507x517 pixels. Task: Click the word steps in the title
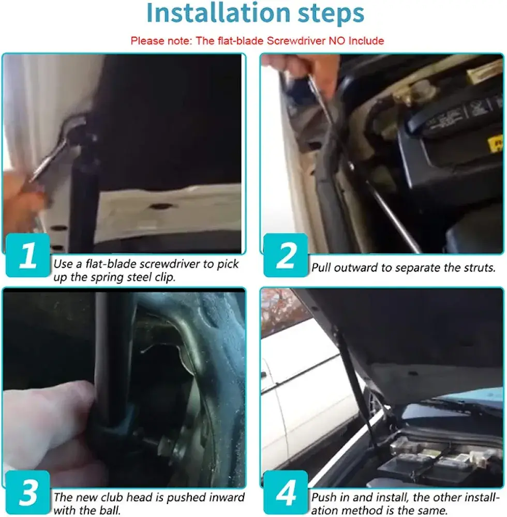[331, 14]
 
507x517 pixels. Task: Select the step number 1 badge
[28, 255]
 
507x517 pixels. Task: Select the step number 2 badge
[286, 255]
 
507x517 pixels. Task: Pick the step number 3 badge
[28, 492]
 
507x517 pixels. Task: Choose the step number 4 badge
[286, 492]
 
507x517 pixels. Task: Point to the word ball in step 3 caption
[110, 510]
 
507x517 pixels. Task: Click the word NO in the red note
[337, 40]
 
